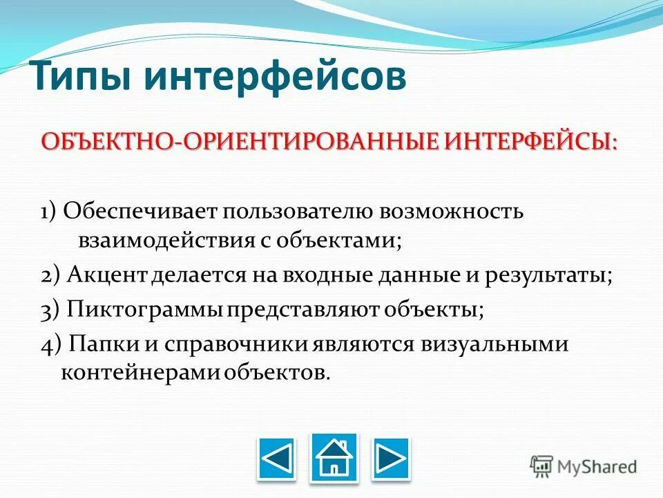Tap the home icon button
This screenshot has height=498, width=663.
point(334,456)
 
